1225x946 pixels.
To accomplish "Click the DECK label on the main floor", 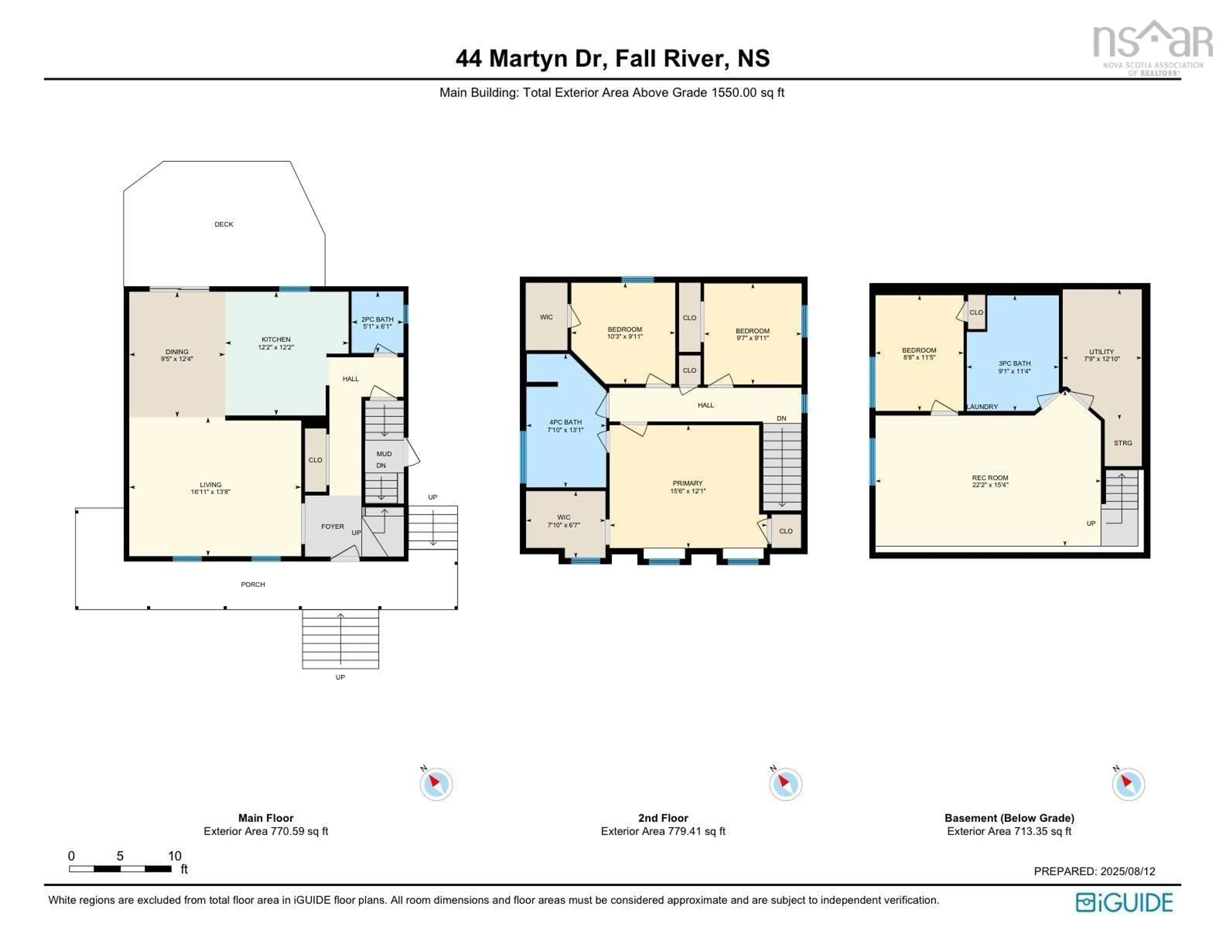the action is tap(224, 224).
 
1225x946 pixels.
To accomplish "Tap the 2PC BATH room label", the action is tap(377, 319).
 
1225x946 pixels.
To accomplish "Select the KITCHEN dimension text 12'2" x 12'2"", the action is tap(276, 348).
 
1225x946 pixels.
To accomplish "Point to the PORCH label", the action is tap(253, 584).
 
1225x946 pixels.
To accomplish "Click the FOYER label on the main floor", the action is tap(333, 526).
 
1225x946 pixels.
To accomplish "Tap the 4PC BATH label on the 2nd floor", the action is tap(565, 422).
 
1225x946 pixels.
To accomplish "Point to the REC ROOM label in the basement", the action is tap(990, 478).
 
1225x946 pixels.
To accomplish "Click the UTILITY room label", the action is tap(1102, 352).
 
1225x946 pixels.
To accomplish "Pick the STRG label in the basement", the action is tap(1123, 443).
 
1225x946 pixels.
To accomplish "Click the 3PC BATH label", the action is tap(1015, 363).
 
